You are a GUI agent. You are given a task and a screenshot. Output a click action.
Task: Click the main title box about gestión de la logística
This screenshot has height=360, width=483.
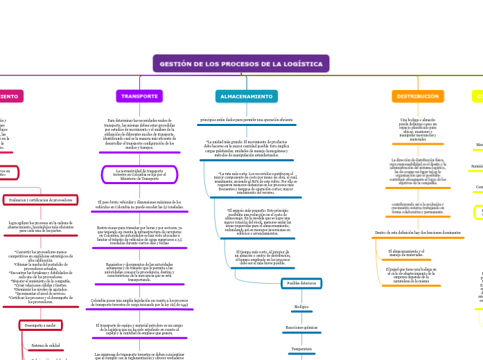tap(241, 64)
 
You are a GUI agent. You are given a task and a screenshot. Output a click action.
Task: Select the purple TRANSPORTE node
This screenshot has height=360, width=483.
tap(139, 96)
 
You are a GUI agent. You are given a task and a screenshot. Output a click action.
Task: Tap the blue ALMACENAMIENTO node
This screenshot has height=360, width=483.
tap(247, 96)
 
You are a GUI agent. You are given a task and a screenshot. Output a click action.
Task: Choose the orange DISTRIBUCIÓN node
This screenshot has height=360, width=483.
tap(418, 96)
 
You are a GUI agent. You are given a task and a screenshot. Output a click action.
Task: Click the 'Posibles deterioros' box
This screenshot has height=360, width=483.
tap(301, 283)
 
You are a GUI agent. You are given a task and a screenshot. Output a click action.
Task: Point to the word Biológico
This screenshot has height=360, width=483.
tap(301, 306)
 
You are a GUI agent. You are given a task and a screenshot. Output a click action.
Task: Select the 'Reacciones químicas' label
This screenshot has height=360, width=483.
tap(301, 327)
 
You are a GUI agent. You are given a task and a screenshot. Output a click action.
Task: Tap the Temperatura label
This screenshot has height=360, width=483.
tap(301, 349)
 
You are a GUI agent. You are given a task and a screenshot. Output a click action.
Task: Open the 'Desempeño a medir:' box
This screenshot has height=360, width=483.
tap(40, 325)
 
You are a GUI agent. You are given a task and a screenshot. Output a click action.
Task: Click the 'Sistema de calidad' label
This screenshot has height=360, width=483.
tap(46, 345)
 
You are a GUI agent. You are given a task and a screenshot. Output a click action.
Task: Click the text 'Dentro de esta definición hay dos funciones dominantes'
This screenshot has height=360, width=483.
tap(418, 233)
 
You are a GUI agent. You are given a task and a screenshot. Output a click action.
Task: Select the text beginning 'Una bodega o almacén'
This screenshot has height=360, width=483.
tap(418, 129)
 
